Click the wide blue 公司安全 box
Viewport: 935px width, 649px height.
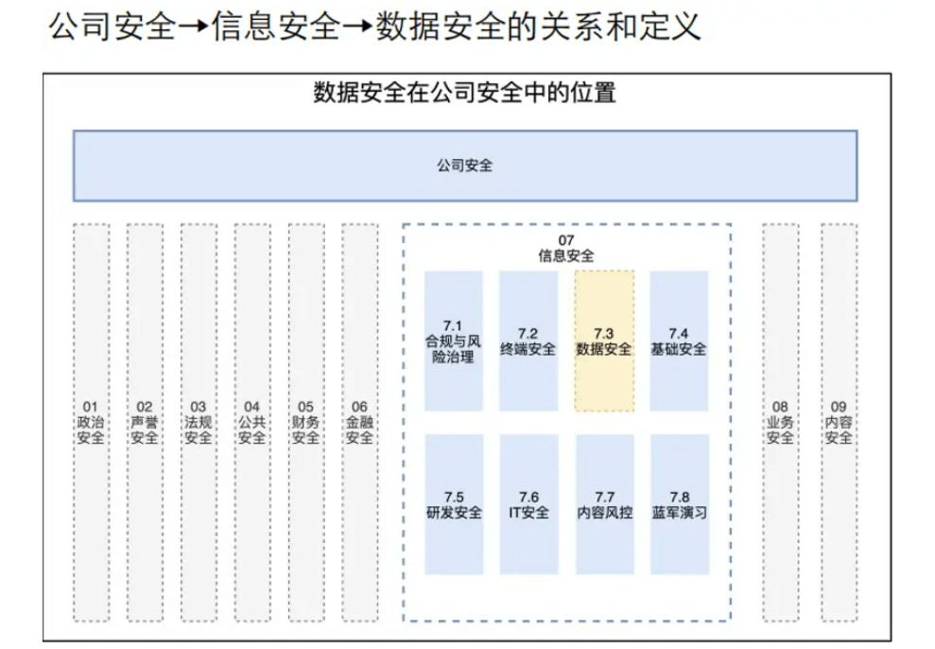click(x=465, y=166)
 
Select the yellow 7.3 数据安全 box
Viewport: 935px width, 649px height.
click(x=604, y=341)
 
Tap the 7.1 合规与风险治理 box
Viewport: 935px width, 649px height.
click(x=454, y=341)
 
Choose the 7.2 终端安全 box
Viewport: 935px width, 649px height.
click(x=528, y=341)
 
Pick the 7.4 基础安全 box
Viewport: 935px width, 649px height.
click(x=679, y=341)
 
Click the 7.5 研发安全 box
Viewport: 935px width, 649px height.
click(x=454, y=504)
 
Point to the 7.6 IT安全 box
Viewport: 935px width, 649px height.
click(x=528, y=504)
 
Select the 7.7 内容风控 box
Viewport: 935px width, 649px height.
click(x=604, y=504)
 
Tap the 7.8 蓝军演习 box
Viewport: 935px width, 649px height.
click(x=679, y=504)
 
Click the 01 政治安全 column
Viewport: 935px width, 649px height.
click(x=91, y=422)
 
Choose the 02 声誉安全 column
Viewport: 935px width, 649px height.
click(x=145, y=422)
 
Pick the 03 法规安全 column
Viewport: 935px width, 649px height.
click(x=199, y=422)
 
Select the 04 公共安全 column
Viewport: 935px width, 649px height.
click(x=251, y=422)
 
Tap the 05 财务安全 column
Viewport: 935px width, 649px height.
click(x=305, y=422)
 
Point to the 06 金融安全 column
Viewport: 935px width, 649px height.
click(x=359, y=422)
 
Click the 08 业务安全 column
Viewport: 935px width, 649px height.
click(x=780, y=422)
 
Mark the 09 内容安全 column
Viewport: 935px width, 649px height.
click(x=839, y=422)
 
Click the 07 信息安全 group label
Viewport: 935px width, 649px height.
click(x=566, y=248)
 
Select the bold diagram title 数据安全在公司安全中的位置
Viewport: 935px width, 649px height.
click(x=465, y=94)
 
